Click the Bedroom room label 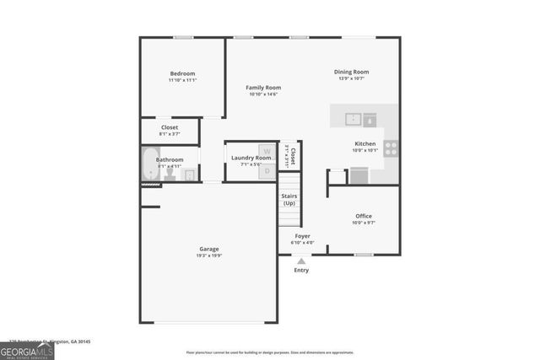(182, 73)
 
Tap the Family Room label (263, 88)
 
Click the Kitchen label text (364, 144)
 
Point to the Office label (363, 216)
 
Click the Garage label (209, 249)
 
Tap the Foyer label (302, 236)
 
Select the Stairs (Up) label (289, 199)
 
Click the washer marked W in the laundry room (267, 152)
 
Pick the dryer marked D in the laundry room (267, 170)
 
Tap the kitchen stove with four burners (391, 148)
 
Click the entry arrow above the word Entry (301, 261)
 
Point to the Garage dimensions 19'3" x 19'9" (209, 256)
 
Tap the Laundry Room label (251, 158)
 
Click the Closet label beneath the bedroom (169, 127)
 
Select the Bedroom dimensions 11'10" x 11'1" (182, 81)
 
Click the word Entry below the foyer (301, 271)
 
